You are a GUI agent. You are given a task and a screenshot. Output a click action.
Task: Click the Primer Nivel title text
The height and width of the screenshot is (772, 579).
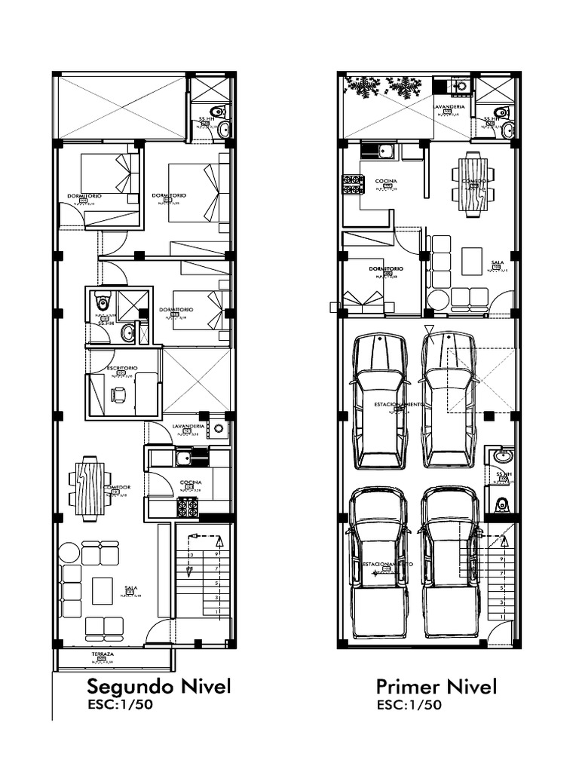436,687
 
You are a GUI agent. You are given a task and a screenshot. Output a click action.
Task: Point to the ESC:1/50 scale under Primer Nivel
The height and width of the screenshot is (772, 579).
408,706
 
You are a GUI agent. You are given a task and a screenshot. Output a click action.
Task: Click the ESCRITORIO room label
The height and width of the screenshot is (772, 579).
121,367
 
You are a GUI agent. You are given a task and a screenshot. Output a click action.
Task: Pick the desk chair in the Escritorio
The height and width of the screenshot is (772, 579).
118,394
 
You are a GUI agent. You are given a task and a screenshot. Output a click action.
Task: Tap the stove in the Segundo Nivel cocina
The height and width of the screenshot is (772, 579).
187,507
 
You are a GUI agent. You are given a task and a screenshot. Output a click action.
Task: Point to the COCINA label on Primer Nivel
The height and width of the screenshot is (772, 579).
385,182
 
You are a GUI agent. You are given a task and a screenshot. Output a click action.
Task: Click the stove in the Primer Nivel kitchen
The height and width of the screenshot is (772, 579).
352,185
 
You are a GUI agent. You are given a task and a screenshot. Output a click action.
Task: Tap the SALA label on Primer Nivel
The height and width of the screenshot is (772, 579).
497,263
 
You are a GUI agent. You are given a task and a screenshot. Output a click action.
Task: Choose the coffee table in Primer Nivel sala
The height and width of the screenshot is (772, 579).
472,261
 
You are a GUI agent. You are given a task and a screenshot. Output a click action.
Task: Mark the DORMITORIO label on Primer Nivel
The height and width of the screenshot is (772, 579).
385,269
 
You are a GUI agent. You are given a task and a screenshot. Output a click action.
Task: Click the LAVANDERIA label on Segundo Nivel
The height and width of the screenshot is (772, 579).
188,427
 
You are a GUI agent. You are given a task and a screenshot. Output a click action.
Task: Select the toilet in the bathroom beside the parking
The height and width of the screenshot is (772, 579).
501,503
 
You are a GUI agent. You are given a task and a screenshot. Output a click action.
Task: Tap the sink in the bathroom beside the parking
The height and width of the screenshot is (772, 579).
501,456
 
